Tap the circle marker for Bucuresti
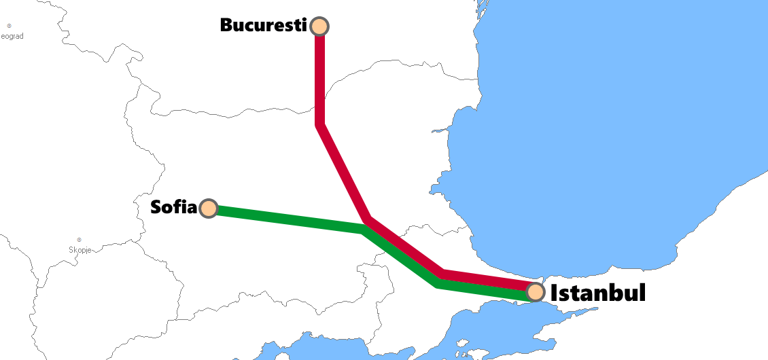319,26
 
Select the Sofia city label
173,207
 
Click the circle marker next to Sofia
209,209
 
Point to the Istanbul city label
597,293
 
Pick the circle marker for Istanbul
536,292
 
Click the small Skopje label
80,250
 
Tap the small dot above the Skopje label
80,239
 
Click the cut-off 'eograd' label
12,36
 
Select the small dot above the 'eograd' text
9,26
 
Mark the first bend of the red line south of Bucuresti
319,124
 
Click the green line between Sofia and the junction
285,219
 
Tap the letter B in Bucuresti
227,25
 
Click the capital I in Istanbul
554,293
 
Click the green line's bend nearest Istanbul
438,283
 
